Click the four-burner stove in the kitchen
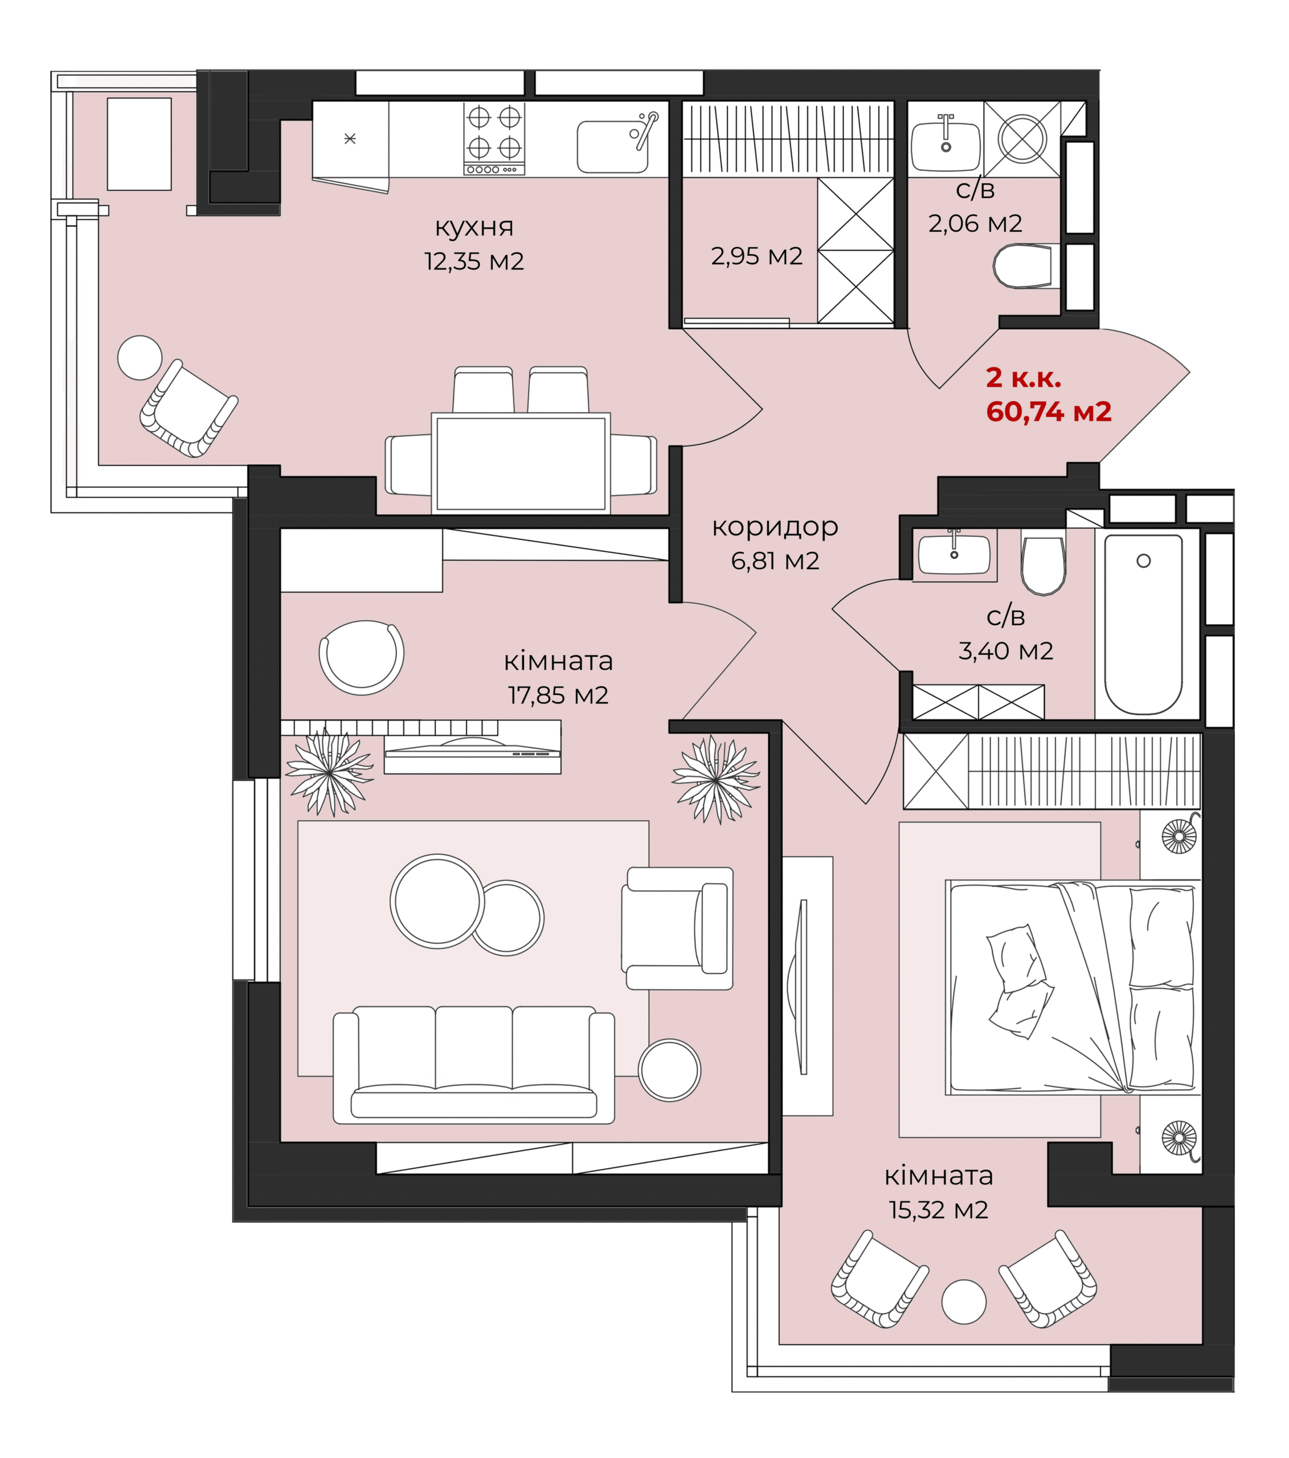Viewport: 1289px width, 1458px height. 494,138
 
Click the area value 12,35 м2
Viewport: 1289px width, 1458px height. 474,261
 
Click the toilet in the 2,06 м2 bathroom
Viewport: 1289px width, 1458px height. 1022,266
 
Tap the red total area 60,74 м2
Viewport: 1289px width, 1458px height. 1048,412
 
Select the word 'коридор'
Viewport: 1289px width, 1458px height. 775,527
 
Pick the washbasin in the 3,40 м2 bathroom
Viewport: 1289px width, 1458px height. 954,553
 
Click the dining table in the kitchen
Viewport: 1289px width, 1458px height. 521,463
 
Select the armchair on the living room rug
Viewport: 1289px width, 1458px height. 678,928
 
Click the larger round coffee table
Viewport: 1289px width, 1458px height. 437,901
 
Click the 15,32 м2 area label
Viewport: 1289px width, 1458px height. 938,1210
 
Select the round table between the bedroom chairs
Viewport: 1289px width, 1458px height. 964,1302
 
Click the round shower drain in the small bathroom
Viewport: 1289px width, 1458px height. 1022,138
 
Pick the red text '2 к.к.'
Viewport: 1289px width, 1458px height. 1023,378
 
